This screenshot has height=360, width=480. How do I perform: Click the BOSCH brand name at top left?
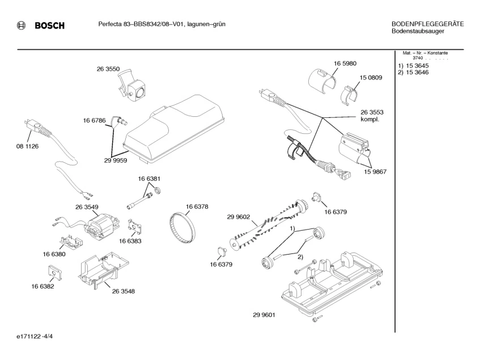tap(49, 26)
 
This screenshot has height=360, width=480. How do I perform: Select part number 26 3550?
tap(108, 69)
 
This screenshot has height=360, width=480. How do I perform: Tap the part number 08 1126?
tap(27, 146)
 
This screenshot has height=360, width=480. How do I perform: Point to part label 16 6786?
tap(94, 120)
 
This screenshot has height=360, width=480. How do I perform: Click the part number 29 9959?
tap(115, 160)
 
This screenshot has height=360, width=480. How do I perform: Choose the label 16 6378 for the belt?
tap(197, 206)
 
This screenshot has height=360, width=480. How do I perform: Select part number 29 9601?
tap(264, 315)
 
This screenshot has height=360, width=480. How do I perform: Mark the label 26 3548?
tap(123, 291)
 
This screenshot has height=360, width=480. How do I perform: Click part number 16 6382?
tap(43, 287)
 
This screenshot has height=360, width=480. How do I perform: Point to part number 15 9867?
tap(375, 171)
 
